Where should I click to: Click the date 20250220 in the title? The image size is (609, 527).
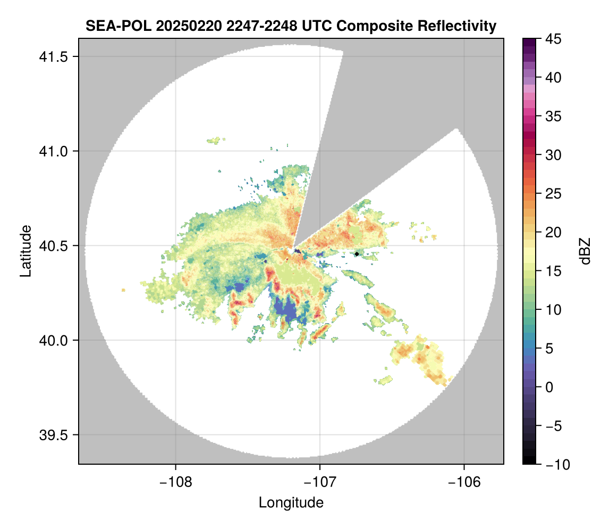point(188,26)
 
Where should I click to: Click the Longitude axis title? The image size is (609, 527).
point(291,503)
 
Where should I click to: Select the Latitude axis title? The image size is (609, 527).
point(26,251)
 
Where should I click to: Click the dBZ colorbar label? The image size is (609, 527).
point(585,251)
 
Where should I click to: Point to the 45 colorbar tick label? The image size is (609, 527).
point(554,39)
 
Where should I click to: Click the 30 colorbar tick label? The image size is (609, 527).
point(554,155)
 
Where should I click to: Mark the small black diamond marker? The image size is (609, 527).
point(357,254)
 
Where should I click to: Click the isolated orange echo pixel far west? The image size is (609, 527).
point(123,290)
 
